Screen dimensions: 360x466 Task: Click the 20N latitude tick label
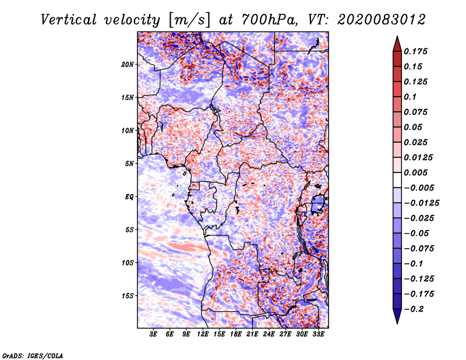pos(128,64)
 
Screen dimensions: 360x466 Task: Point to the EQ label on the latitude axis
pos(129,197)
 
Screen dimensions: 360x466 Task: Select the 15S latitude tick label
pos(128,296)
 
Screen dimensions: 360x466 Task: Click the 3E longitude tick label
pos(153,334)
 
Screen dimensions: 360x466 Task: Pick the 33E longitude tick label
pos(319,334)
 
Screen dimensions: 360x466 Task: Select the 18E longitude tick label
pos(236,334)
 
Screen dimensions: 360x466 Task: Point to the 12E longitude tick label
pos(203,334)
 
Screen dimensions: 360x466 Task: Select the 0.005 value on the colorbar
pos(417,173)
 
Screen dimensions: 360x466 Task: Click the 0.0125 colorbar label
pos(419,158)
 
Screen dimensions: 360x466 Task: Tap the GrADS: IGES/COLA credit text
pos(32,355)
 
